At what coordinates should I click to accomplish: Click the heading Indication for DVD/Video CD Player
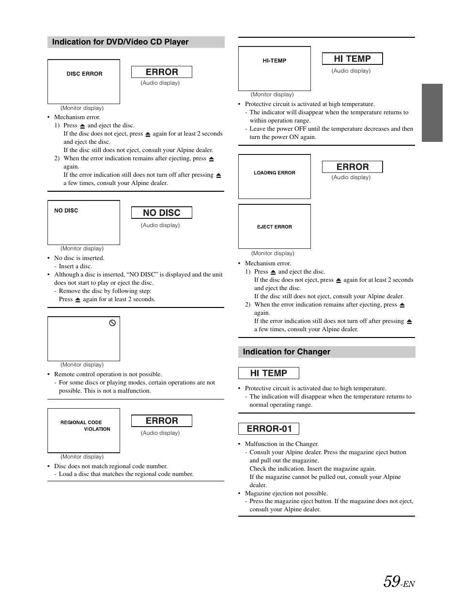tap(120, 42)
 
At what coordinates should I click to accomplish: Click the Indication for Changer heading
tap(287, 352)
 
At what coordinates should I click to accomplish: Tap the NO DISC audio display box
tap(162, 213)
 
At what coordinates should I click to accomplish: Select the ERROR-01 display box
tap(269, 429)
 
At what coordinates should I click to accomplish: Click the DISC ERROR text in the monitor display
tap(84, 74)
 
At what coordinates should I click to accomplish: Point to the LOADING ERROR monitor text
tap(274, 173)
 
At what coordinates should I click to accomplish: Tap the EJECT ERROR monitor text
tap(274, 227)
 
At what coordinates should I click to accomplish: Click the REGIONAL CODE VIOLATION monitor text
tap(85, 426)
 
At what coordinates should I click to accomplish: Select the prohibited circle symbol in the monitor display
tap(112, 323)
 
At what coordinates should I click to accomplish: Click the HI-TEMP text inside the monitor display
tap(274, 61)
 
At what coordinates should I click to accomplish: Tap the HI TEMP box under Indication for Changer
tap(269, 373)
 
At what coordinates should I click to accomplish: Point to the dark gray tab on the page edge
tap(432, 113)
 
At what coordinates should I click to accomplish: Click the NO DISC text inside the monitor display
tap(66, 211)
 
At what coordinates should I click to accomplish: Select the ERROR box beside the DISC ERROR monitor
tap(162, 72)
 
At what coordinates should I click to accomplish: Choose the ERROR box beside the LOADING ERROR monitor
tap(353, 167)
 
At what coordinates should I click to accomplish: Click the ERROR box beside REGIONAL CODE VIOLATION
tap(162, 421)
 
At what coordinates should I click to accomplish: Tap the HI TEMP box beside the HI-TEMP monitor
tap(353, 59)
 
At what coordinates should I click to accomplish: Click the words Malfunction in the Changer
tap(281, 444)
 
